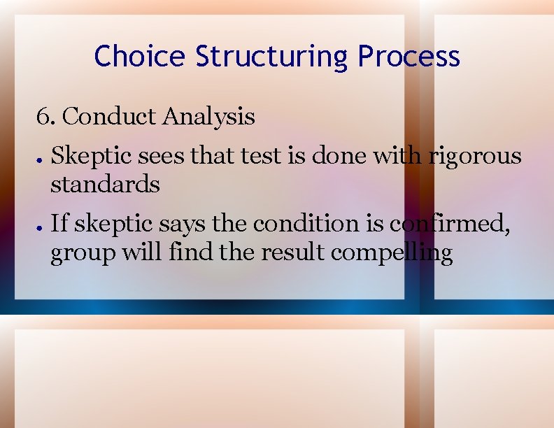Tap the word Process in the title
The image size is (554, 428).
(409, 56)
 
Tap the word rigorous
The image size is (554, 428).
(475, 155)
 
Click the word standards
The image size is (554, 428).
(105, 185)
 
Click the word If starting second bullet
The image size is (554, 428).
(59, 224)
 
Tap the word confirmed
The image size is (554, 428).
(453, 224)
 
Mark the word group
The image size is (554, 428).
(81, 253)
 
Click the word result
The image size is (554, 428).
(292, 252)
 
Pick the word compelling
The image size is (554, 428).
(391, 253)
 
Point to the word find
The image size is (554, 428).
(190, 252)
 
